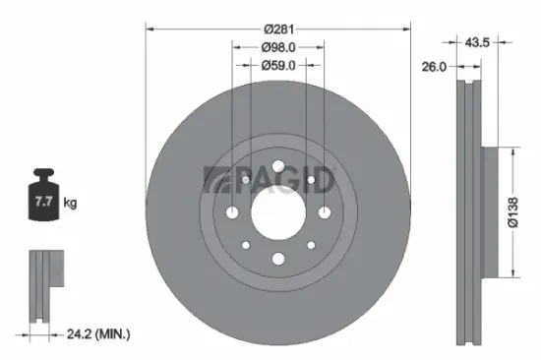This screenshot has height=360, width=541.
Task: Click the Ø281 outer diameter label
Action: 276,29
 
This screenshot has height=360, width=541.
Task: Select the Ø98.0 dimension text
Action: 277,46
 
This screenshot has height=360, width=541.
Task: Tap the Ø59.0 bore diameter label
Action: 277,65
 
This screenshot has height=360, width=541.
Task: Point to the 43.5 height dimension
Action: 478,41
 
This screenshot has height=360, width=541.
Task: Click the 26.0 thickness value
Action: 434,67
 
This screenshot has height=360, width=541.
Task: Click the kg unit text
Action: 71,204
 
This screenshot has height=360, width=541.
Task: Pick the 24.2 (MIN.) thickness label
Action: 96,335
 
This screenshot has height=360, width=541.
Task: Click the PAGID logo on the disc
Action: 269,181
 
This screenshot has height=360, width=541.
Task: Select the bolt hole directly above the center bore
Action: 277,166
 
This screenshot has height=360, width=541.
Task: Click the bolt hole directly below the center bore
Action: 277,259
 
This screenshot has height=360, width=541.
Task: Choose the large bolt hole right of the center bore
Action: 324,212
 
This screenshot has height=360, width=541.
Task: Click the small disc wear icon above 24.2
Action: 44,286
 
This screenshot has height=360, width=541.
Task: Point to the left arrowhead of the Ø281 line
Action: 150,29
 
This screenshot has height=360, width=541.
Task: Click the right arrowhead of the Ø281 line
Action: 403,29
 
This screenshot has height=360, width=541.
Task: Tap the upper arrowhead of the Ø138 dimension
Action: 511,150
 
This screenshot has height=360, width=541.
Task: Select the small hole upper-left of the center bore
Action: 245,180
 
